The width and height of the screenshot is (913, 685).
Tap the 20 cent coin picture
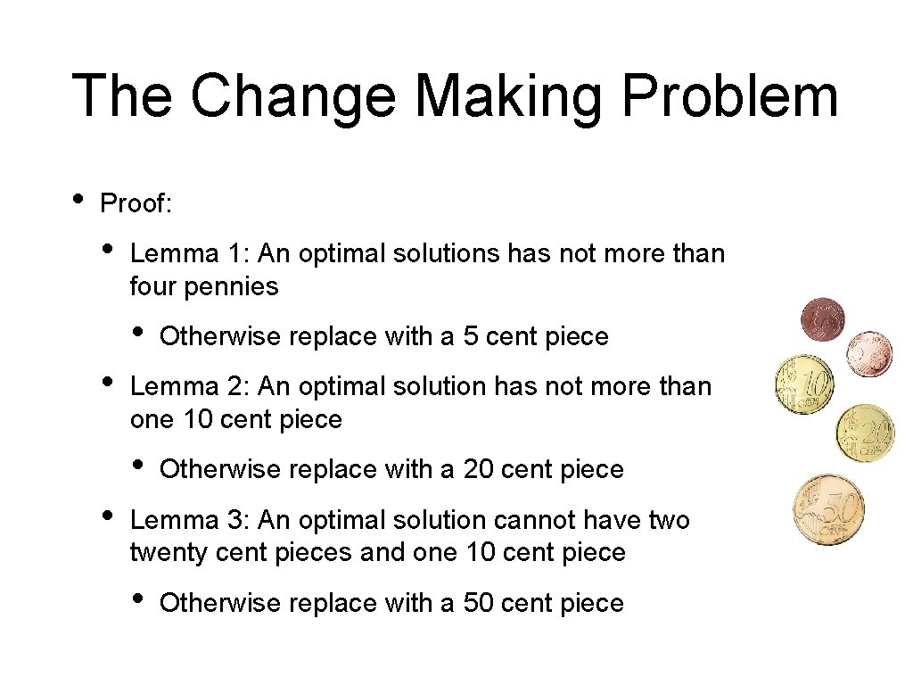point(864,433)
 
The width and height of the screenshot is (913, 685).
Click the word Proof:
point(136,203)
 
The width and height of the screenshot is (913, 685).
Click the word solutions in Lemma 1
point(444,253)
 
